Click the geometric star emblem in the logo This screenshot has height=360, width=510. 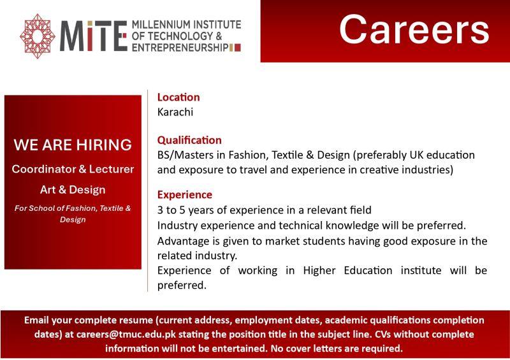tap(38, 36)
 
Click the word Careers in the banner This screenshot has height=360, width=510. tap(414, 29)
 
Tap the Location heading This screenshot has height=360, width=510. tap(178, 97)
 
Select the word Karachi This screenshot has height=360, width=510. tap(175, 112)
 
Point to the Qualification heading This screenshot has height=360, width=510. tap(189, 140)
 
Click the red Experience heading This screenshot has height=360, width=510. tap(185, 195)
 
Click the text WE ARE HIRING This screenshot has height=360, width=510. tap(73, 145)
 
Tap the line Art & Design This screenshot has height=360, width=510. tap(73, 190)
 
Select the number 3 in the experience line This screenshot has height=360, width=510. tap(161, 210)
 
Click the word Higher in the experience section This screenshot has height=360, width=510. tap(319, 271)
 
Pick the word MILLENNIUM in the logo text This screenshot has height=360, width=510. tap(161, 25)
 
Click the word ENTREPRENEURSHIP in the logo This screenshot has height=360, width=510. tap(180, 48)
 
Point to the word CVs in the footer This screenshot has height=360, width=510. tap(383, 335)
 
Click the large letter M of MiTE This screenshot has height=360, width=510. tap(73, 36)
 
